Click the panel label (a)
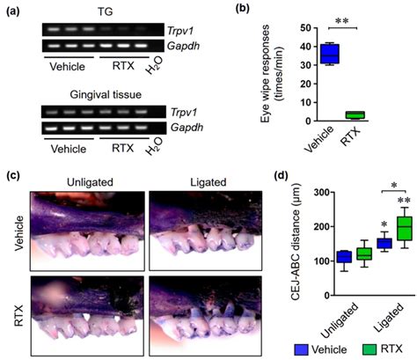pos(13,10)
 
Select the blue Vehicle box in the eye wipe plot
pos(304,54)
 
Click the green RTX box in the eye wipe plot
pos(355,114)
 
